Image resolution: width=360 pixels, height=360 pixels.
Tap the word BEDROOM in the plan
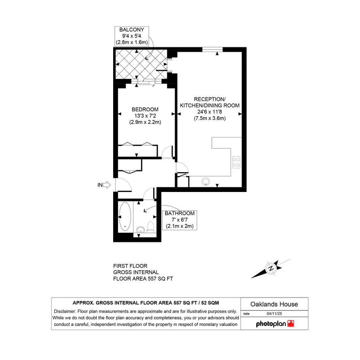coord(145,109)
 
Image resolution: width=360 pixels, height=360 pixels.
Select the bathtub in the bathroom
coord(125,216)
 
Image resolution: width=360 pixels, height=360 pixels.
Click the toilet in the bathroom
coord(150,227)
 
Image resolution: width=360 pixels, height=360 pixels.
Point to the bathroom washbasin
coord(140,229)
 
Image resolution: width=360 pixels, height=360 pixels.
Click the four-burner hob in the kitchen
coord(237,162)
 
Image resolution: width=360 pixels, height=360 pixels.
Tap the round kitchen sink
coord(206,182)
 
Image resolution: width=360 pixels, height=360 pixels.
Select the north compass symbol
coord(271,269)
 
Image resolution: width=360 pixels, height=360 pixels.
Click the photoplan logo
coord(275,324)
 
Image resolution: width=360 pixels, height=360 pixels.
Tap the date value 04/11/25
coord(274,314)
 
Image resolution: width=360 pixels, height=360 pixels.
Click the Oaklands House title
coord(274,304)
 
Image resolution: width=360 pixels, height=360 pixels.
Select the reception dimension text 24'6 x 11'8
coord(210,112)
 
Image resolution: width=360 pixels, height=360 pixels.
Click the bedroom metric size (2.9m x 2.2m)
coord(145,122)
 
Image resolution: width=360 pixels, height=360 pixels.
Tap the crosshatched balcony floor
coord(141,64)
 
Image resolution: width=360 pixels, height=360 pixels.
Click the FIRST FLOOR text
coord(130,266)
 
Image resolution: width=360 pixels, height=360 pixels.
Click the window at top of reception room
coord(212,50)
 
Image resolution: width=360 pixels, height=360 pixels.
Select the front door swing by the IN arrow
coord(123,185)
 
